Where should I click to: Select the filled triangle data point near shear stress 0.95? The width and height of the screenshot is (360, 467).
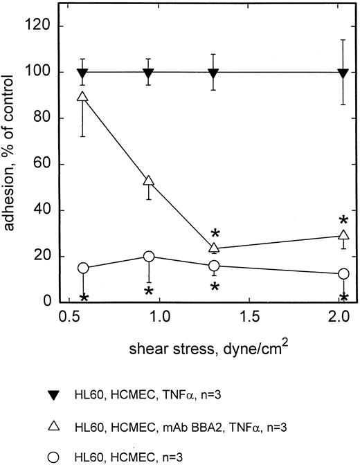click(148, 73)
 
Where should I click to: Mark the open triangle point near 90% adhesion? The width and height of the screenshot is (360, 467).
click(83, 97)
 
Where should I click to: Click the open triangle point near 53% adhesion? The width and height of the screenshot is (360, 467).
click(148, 181)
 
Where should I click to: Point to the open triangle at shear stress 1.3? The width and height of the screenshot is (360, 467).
click(214, 248)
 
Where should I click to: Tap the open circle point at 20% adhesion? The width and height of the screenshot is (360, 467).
click(148, 257)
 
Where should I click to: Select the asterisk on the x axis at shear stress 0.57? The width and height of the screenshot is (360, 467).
click(84, 299)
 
